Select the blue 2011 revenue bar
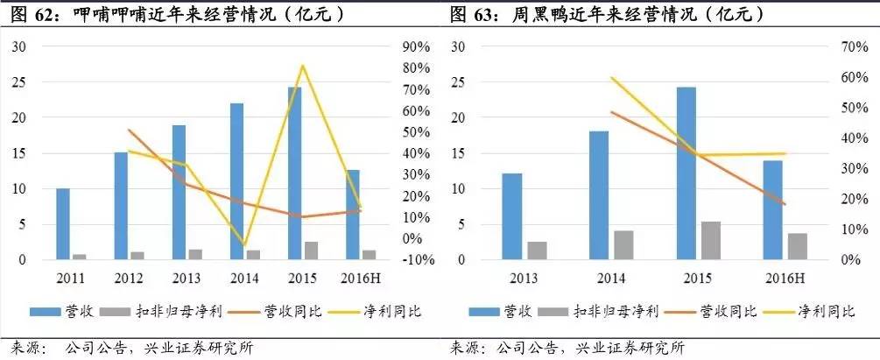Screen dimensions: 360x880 (62, 223)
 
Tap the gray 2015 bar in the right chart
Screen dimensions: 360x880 (711, 241)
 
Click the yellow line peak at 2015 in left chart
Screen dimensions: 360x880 (302, 66)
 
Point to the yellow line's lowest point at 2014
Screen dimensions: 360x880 (244, 245)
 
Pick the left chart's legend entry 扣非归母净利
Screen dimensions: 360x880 (148, 310)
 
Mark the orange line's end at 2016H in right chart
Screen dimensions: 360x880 (785, 204)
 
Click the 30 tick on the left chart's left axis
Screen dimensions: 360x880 (18, 46)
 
